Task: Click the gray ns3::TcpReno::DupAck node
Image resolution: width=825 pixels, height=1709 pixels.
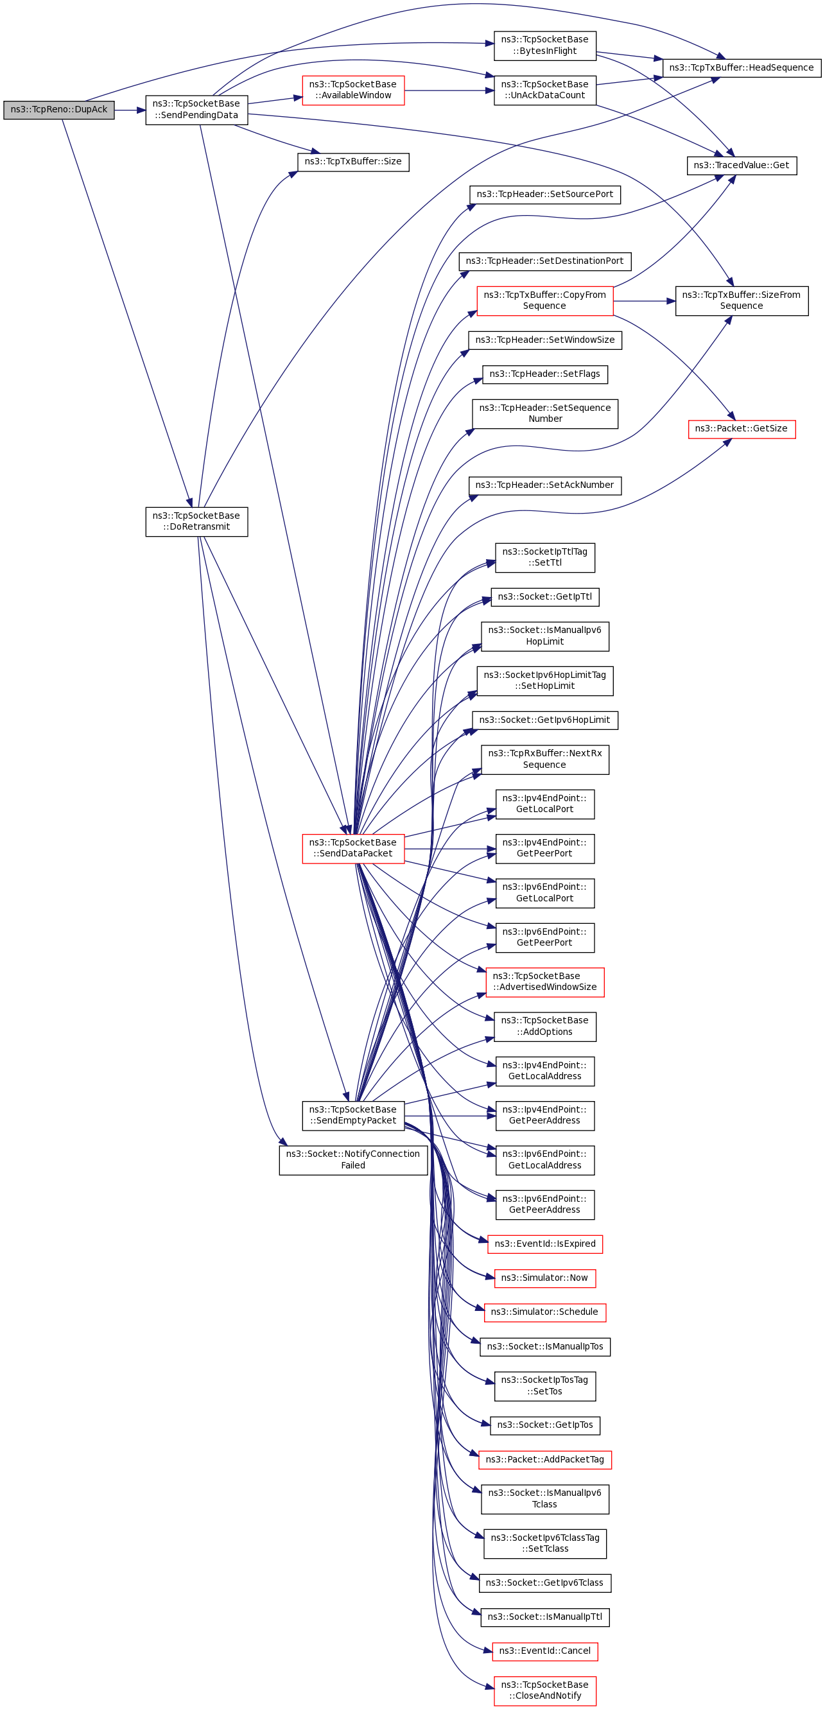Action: [58, 110]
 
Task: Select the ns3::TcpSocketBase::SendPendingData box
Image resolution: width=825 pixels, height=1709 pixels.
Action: [196, 110]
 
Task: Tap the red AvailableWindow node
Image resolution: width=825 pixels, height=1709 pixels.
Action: [353, 91]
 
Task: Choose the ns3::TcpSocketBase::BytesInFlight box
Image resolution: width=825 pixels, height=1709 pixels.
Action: [545, 46]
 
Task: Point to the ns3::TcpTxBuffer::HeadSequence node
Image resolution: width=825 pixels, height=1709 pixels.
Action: [742, 67]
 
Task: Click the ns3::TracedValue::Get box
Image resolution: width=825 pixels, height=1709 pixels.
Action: [742, 166]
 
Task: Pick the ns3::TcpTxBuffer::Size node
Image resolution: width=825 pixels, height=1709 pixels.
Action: [353, 162]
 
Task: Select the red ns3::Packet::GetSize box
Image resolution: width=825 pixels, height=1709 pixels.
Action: [742, 429]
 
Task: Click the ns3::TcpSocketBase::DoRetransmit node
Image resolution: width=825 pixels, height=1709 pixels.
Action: [196, 522]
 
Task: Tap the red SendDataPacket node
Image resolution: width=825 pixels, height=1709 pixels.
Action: [353, 849]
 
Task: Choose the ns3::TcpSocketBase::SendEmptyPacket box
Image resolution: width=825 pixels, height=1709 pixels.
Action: [353, 1116]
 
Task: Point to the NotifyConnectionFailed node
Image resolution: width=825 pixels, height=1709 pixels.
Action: [353, 1160]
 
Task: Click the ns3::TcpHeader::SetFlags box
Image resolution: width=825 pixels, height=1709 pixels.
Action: [545, 375]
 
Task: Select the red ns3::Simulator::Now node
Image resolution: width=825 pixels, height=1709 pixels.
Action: [545, 1278]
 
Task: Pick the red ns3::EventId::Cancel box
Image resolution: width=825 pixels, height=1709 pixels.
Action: [545, 1651]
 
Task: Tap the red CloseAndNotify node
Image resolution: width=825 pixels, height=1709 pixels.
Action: [545, 1691]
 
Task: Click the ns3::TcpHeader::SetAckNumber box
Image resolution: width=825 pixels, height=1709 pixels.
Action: [545, 485]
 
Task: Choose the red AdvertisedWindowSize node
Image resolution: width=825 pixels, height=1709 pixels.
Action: [545, 982]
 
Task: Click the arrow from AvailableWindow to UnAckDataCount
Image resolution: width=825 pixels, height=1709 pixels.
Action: [449, 91]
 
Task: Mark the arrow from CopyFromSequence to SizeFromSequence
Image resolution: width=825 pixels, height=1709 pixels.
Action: [645, 301]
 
